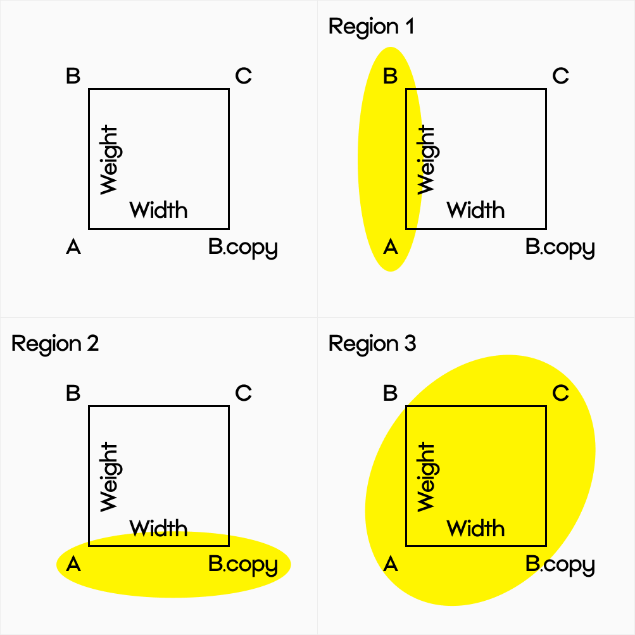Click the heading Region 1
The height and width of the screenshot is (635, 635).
point(371,27)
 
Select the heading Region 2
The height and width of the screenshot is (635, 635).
point(55,344)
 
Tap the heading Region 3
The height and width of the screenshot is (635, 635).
point(372,344)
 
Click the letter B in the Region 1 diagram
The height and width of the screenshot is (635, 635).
point(391,77)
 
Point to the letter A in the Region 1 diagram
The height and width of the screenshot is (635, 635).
point(391,247)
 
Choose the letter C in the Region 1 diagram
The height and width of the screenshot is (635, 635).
point(561,77)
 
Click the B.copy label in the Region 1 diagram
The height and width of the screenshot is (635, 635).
point(560,248)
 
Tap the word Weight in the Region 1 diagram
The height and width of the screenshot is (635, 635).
point(426,160)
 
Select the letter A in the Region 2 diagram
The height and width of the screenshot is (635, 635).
point(73,563)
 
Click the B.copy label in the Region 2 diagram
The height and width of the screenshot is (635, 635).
point(243,565)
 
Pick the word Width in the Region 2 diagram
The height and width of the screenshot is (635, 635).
point(158,527)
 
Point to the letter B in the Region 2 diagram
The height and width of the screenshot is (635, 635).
point(73,393)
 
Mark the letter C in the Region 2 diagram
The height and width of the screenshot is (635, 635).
point(244,393)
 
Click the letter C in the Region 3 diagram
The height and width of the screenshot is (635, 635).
point(561,393)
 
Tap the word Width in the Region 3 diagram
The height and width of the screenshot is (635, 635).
point(476,527)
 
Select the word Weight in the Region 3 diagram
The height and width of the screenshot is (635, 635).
point(426,477)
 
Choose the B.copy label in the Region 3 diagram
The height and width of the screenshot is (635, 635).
point(560,565)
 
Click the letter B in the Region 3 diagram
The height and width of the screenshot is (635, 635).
point(391,393)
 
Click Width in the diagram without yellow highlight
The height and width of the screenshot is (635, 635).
point(158,209)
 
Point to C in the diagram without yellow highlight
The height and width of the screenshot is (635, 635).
point(244,77)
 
